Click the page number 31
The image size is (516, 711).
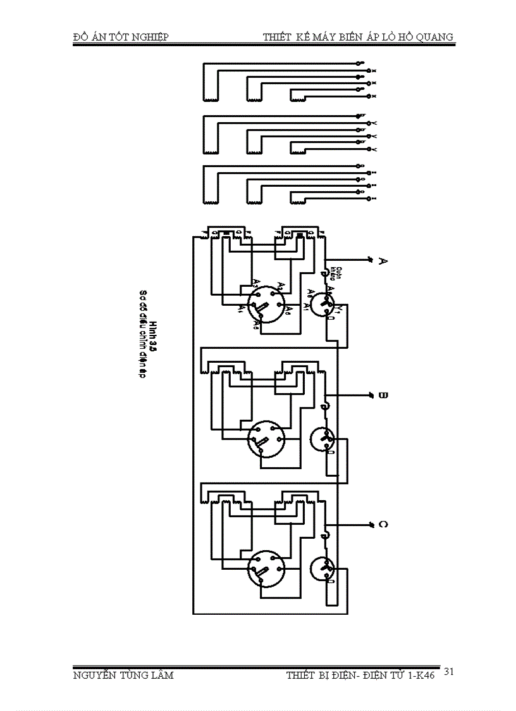(449, 671)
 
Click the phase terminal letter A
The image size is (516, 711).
(382, 261)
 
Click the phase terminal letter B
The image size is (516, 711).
(382, 396)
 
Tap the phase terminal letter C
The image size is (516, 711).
(382, 525)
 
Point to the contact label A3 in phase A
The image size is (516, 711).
(254, 282)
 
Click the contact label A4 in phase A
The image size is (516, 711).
(241, 309)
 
